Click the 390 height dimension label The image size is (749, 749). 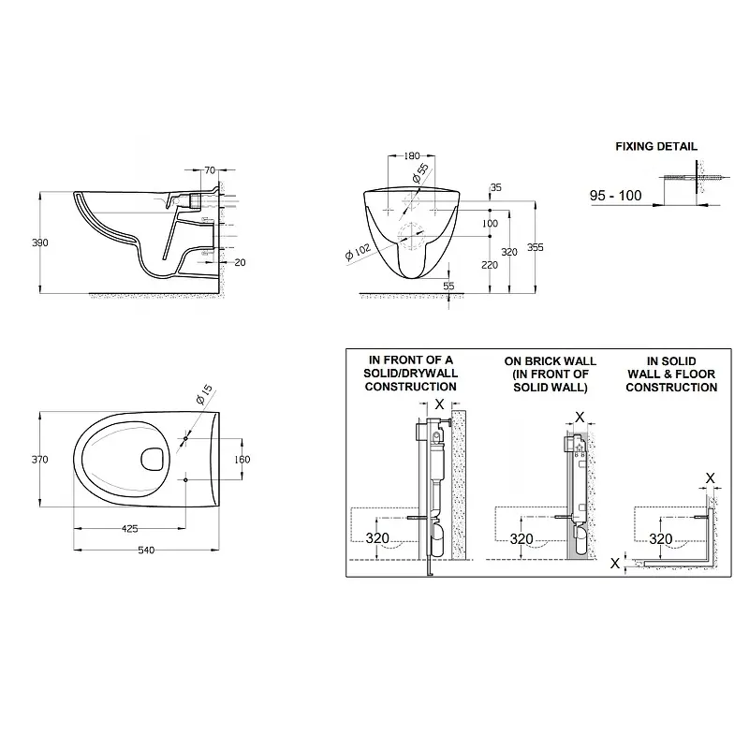coord(40,242)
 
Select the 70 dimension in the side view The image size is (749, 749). coord(210,170)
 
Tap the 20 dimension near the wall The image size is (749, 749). coord(241,262)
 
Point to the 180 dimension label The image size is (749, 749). coord(412,155)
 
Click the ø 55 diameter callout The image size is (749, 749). coord(420,173)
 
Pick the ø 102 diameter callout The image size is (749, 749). coord(358,251)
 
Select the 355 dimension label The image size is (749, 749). coord(535,247)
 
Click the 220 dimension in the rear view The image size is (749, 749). coord(490,265)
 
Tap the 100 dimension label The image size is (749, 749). coord(490,223)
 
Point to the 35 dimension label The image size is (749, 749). coord(496,188)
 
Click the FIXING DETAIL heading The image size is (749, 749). coord(656,147)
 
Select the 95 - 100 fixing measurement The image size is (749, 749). coord(616,196)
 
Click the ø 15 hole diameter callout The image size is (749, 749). coord(204,394)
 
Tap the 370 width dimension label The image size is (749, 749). coord(40,460)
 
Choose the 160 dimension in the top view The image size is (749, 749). coord(242,459)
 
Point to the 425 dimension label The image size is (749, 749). coord(130,528)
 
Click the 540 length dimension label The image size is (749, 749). coord(146,551)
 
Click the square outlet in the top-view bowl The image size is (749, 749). coord(154,460)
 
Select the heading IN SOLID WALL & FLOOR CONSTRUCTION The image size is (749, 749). coord(671,374)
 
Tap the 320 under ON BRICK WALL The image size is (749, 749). coord(521,539)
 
